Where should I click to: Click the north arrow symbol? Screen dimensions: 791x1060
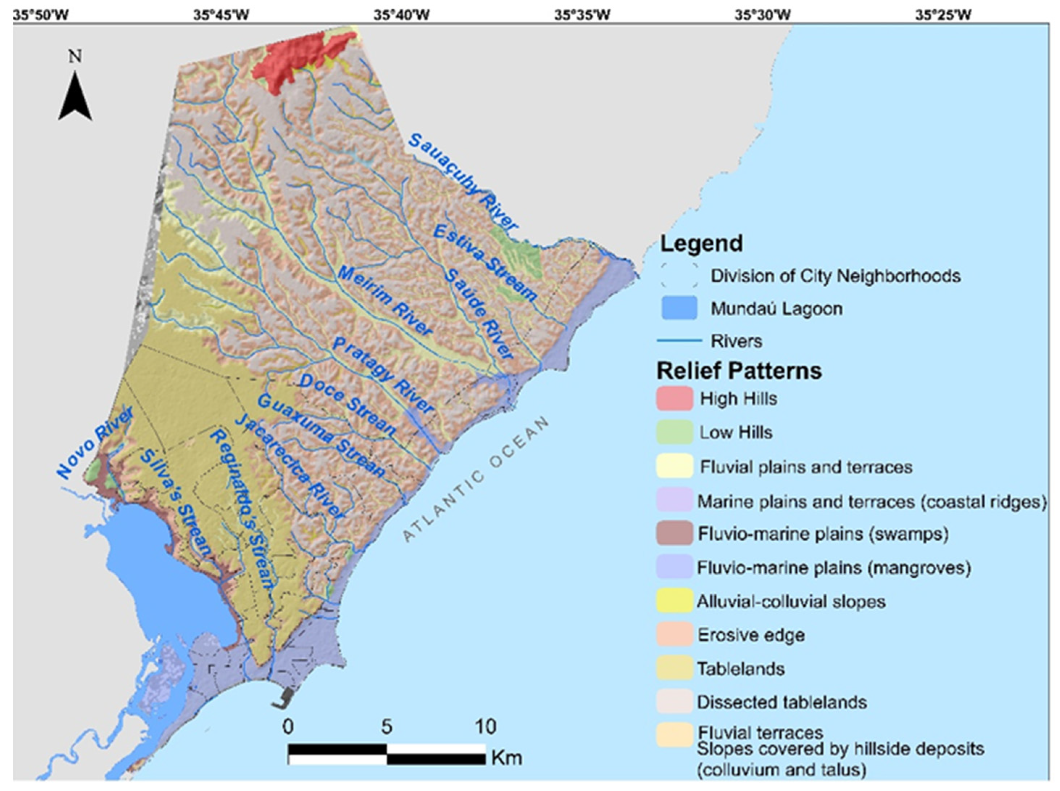click(x=75, y=96)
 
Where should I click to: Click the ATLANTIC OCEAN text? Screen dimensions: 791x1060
click(x=476, y=479)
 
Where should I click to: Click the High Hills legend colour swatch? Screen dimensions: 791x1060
click(x=674, y=398)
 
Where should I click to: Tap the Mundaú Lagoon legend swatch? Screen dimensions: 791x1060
click(x=679, y=308)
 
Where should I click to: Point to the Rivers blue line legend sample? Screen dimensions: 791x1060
click(x=679, y=341)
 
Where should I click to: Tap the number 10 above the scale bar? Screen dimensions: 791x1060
click(x=485, y=727)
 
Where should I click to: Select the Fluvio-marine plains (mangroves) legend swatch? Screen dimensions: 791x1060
click(x=674, y=567)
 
